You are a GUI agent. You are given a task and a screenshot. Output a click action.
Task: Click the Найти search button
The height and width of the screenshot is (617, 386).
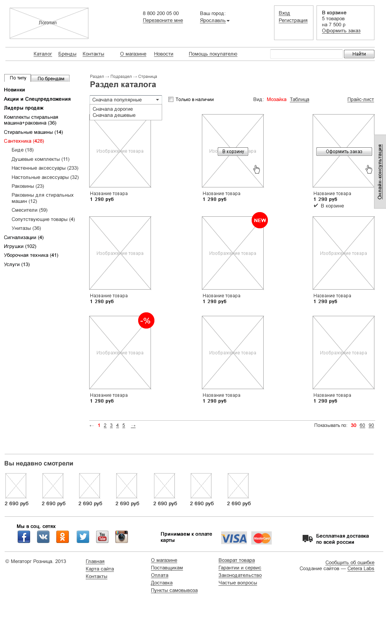(x=359, y=54)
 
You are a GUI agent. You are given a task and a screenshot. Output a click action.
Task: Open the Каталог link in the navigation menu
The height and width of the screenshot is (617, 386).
(x=43, y=54)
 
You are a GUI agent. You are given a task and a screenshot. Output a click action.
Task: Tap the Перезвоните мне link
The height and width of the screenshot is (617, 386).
(x=163, y=20)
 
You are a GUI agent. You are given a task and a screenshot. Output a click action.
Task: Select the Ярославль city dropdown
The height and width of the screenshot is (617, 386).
(x=215, y=20)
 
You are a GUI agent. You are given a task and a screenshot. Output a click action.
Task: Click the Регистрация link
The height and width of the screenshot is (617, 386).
(x=293, y=20)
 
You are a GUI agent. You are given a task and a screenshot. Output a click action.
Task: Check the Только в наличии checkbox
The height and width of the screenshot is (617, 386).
(x=171, y=99)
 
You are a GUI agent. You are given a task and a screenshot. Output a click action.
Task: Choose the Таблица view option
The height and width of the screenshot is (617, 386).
(x=300, y=99)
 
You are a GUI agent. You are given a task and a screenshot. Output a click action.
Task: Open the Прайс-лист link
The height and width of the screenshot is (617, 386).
(x=361, y=99)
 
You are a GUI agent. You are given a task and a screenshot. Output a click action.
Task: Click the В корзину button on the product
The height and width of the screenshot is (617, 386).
(x=233, y=152)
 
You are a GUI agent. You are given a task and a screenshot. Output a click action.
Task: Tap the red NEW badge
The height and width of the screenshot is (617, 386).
(x=260, y=220)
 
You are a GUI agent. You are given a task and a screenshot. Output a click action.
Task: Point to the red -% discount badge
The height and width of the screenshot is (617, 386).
(x=146, y=320)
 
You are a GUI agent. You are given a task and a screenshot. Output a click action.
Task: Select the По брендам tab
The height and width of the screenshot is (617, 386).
(x=51, y=79)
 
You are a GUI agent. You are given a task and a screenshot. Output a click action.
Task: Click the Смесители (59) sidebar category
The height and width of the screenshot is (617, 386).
(x=29, y=210)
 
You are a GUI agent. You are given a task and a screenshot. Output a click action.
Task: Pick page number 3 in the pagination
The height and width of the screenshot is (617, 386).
(x=111, y=425)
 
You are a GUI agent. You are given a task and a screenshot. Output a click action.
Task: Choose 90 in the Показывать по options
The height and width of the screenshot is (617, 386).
(x=371, y=425)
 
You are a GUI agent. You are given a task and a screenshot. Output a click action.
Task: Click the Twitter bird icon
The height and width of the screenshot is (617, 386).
(x=83, y=537)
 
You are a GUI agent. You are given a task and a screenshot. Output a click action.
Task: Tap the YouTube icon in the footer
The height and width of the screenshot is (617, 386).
(x=102, y=537)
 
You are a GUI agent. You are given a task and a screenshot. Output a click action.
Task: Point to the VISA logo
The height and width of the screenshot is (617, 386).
(x=234, y=538)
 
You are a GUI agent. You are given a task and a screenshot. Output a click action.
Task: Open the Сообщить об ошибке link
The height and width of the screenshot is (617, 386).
(x=350, y=563)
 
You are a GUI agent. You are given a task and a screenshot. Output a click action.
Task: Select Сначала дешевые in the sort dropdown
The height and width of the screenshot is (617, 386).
(x=114, y=115)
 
